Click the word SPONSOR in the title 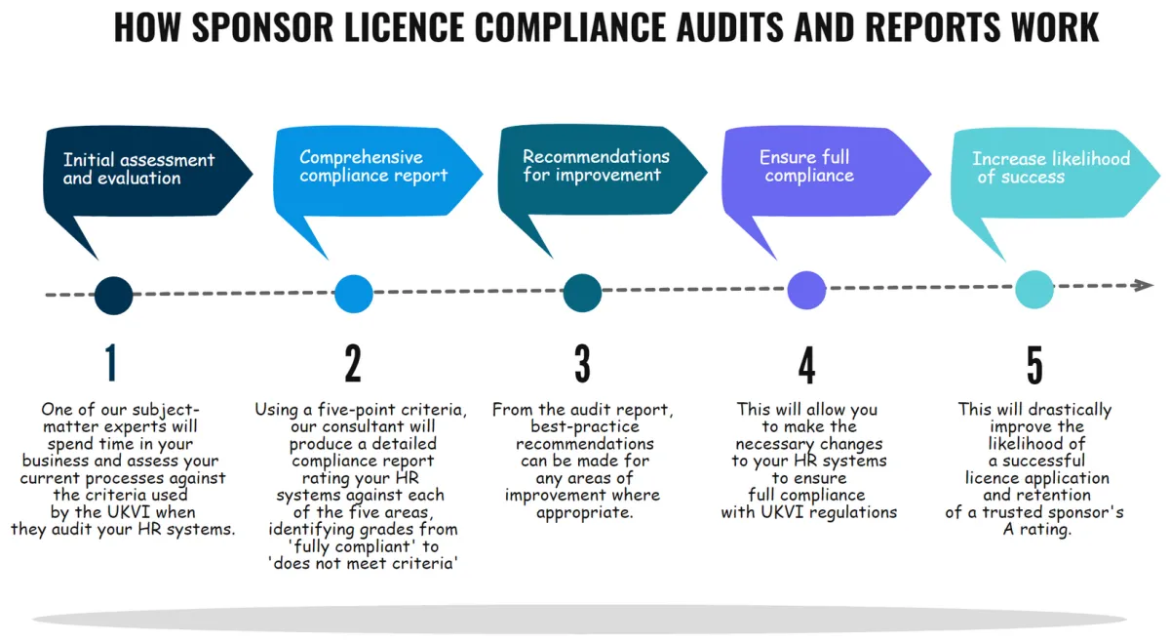tap(262, 27)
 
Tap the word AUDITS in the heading tap(730, 27)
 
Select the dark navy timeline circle tap(114, 296)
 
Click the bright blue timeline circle tap(354, 294)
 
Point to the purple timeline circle tap(806, 290)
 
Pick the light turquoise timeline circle tap(1034, 290)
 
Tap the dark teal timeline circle tap(582, 293)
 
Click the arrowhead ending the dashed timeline tap(1143, 286)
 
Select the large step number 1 tap(111, 363)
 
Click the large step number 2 tap(353, 363)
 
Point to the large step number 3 tap(582, 363)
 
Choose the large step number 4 tap(807, 365)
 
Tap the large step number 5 tap(1034, 365)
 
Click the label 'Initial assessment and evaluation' tap(138, 169)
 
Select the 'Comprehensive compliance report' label tap(373, 166)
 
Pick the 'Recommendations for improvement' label tap(596, 166)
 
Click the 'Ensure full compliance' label tap(807, 166)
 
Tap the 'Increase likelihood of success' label tap(1051, 168)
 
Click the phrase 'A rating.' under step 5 tap(1037, 530)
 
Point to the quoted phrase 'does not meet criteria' tap(363, 564)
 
